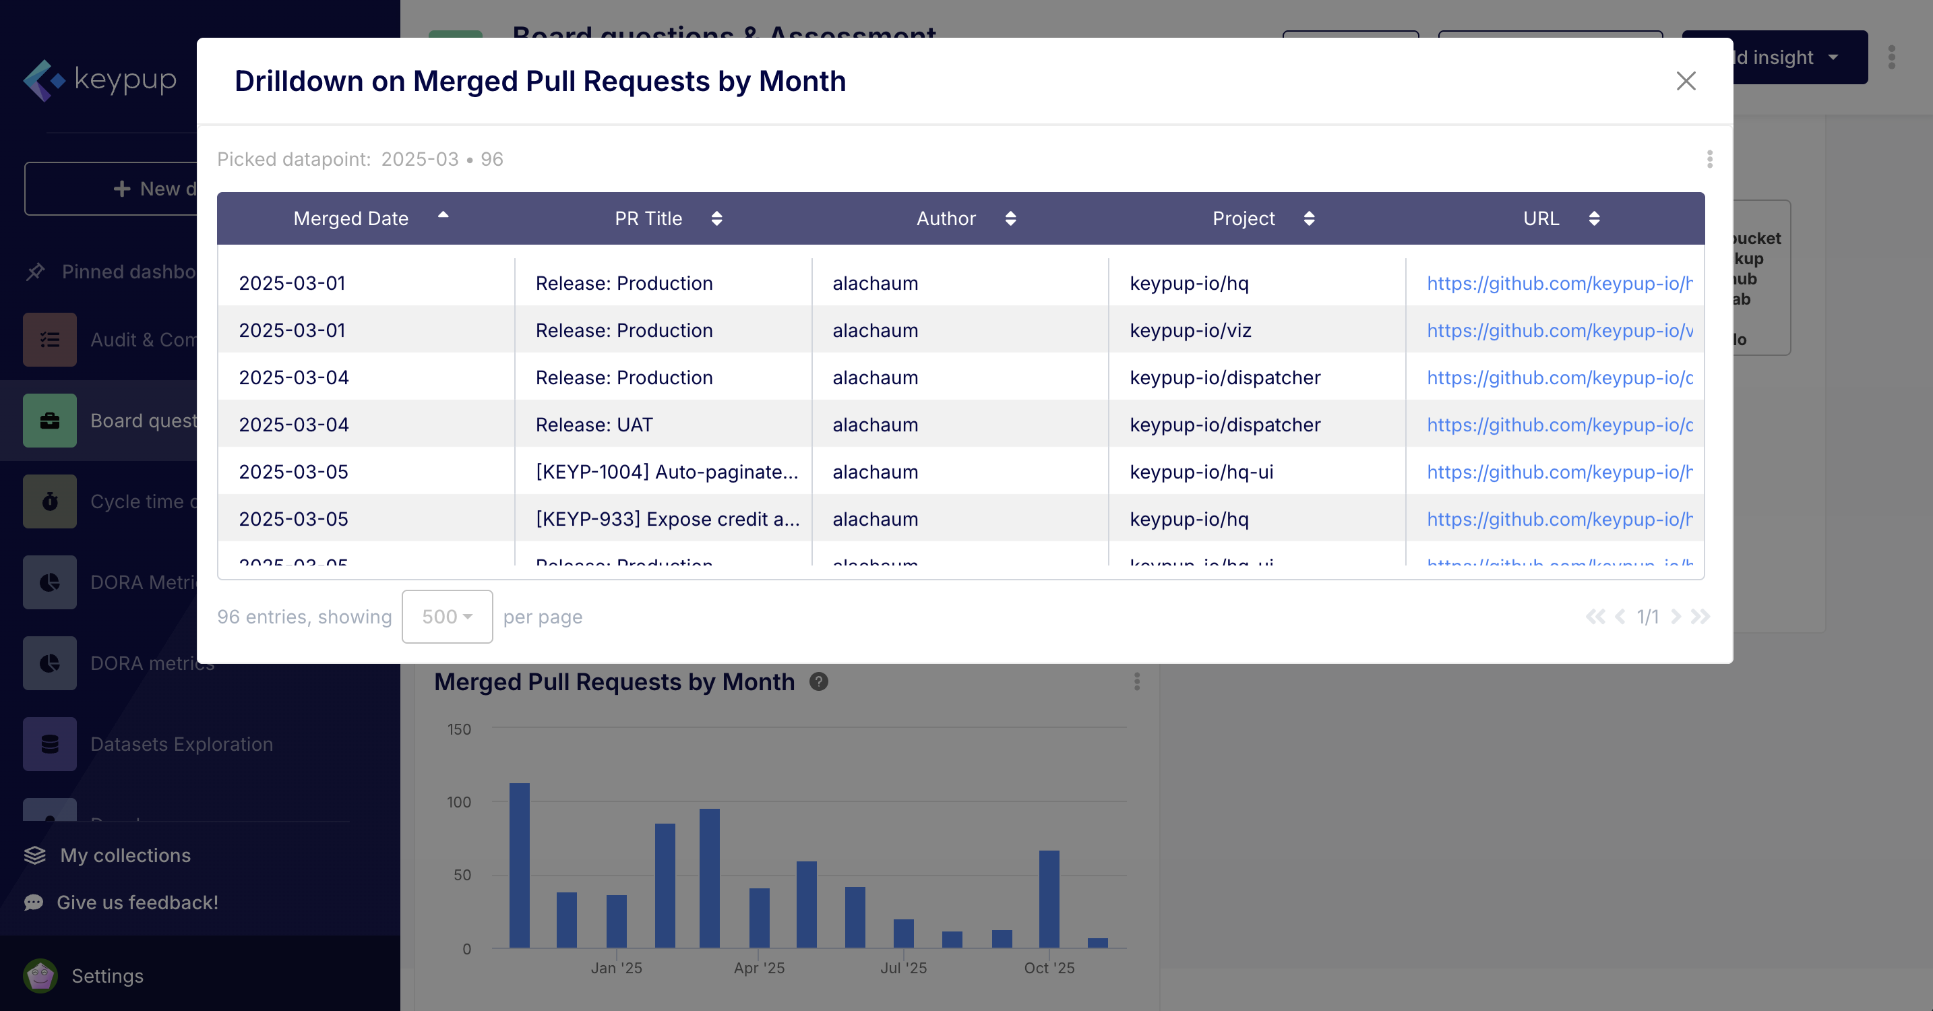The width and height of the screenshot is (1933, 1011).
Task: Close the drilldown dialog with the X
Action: click(1686, 81)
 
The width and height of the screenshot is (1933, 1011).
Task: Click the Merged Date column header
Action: click(351, 218)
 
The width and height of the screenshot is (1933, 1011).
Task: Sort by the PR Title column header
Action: click(648, 218)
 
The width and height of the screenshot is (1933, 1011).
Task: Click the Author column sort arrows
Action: click(1010, 218)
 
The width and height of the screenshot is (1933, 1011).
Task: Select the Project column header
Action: click(1244, 218)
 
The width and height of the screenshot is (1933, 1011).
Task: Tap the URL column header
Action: click(1541, 218)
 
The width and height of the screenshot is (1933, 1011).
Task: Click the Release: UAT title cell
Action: click(594, 425)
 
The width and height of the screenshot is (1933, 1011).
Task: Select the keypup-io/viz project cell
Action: click(1190, 330)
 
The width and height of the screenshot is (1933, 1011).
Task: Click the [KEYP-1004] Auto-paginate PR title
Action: click(667, 472)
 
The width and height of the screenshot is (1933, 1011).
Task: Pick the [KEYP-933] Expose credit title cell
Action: click(667, 520)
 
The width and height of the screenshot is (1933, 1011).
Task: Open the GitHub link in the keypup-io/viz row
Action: click(1560, 330)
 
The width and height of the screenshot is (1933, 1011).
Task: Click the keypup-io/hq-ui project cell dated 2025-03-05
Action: click(1201, 472)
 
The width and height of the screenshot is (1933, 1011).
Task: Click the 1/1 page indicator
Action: click(1647, 617)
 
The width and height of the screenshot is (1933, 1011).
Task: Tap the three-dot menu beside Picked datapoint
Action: click(1709, 159)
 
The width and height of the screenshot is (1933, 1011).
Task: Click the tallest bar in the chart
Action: click(519, 863)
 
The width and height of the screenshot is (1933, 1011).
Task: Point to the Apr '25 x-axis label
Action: click(759, 969)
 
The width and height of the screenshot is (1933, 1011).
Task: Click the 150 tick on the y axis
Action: click(458, 729)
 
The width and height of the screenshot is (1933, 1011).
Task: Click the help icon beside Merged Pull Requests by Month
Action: click(819, 681)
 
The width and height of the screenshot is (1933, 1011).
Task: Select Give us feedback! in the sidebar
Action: click(137, 902)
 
